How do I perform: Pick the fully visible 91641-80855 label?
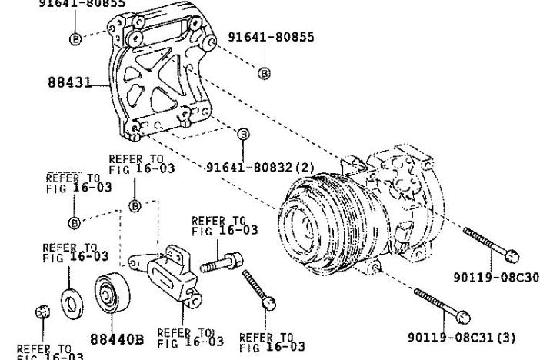point(271,37)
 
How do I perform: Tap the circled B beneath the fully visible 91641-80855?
point(264,73)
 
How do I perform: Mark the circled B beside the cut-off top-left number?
point(75,39)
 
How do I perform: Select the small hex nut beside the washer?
point(44,312)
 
